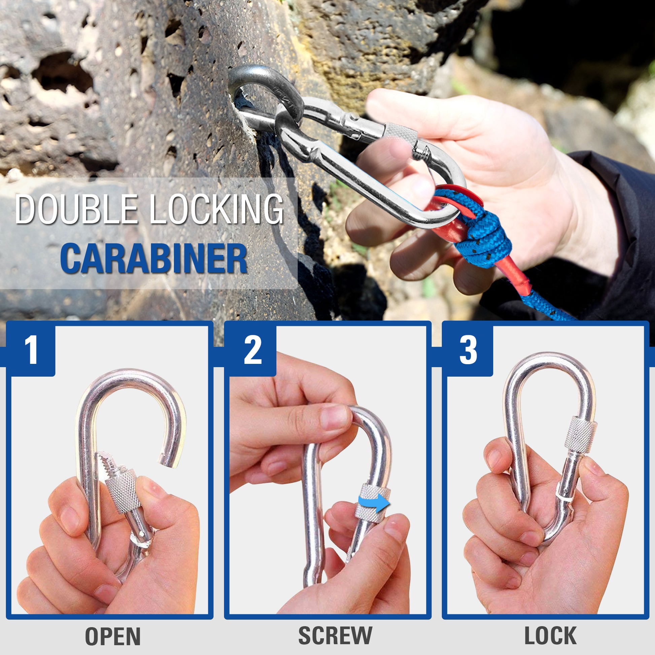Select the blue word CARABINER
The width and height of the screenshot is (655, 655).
coord(153,258)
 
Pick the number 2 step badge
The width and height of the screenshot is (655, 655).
coord(252,349)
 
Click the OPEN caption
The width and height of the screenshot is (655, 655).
coord(112,627)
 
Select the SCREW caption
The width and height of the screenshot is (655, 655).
coord(335,626)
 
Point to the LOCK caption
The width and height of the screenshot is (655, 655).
coord(551,626)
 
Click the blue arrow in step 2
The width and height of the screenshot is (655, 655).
coord(374,503)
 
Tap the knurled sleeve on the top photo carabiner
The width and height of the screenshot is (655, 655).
coord(401,135)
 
